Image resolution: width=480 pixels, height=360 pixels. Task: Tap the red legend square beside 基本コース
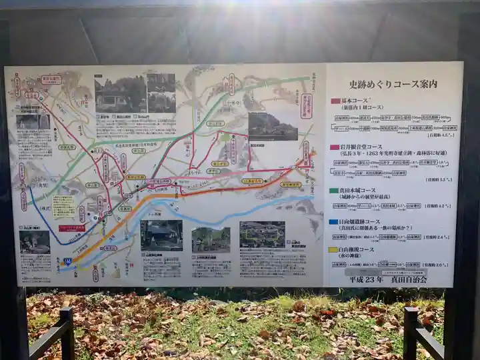[x=335, y=101]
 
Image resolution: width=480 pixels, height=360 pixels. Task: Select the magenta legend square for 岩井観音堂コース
[x=335, y=147]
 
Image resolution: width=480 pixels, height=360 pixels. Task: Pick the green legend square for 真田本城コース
[x=335, y=190]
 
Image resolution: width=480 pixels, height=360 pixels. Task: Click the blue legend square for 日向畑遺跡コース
[x=334, y=222]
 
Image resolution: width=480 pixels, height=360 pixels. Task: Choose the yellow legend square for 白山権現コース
[x=334, y=250]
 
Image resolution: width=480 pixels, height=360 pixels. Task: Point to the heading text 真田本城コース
[x=364, y=190]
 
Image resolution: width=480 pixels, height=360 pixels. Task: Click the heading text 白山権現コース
[x=364, y=250]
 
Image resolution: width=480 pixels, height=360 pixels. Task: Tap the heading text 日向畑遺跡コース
[x=366, y=222]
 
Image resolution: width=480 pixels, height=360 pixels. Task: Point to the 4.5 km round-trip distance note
[x=441, y=135]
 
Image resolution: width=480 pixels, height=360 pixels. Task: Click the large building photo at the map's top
[x=121, y=94]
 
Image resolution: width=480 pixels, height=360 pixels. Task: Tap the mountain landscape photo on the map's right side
[x=273, y=126]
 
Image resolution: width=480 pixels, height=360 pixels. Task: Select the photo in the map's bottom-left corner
[x=35, y=242]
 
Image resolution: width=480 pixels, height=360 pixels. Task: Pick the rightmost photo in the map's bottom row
[x=261, y=235]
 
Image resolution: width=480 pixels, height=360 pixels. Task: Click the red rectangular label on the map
[x=71, y=228]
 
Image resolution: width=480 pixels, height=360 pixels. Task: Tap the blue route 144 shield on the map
[x=67, y=262]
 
